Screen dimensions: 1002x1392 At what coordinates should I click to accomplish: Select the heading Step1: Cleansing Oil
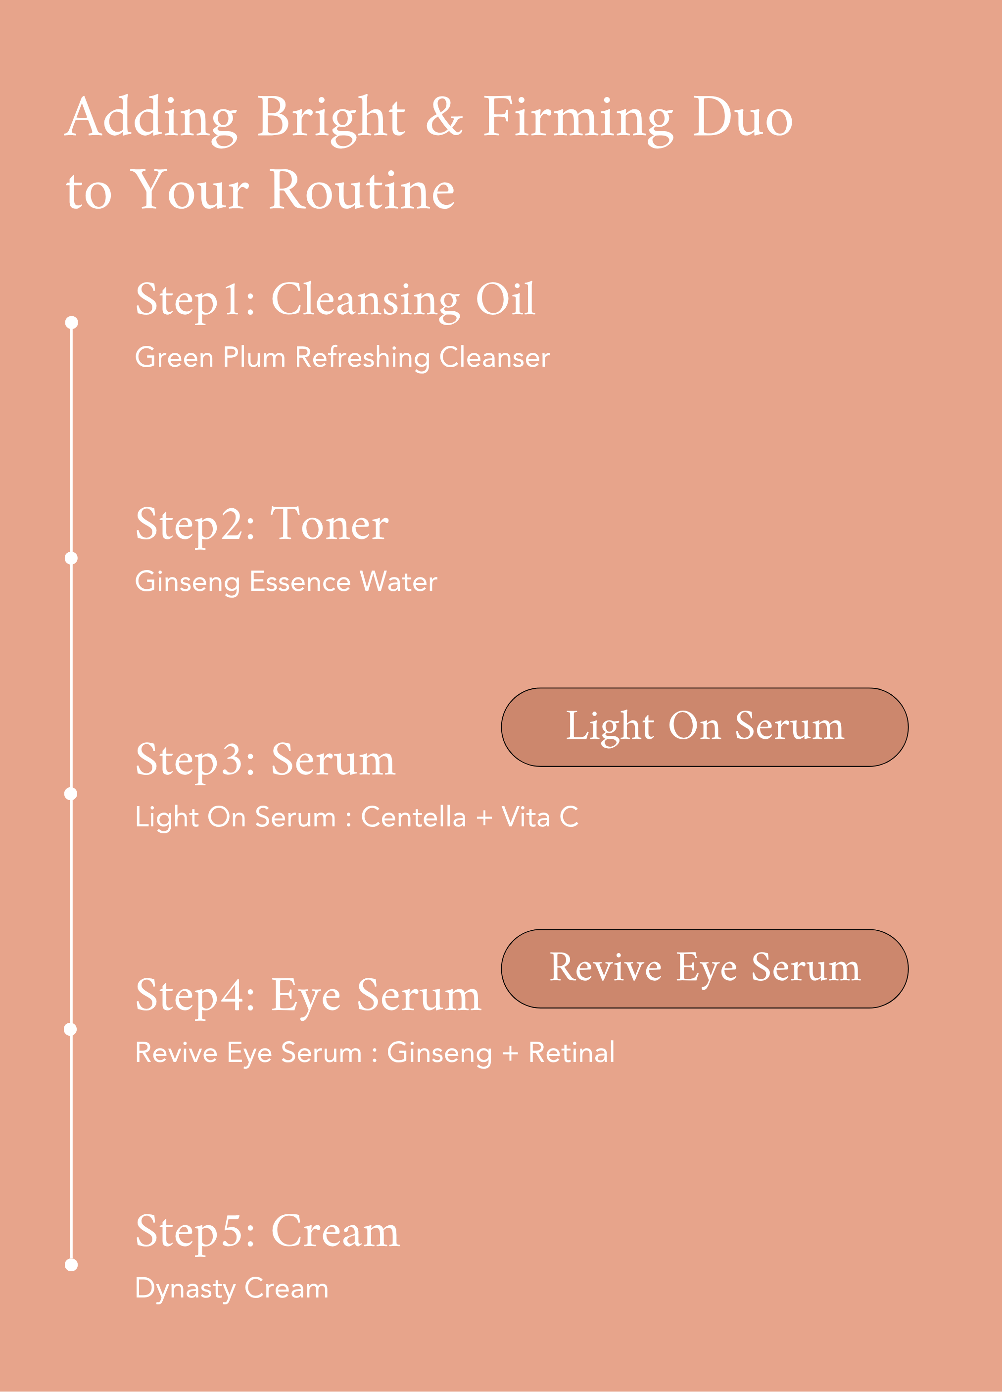(x=335, y=300)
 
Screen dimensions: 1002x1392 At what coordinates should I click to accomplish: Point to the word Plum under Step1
(x=254, y=357)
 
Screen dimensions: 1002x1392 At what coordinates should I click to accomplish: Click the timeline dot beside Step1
(x=71, y=322)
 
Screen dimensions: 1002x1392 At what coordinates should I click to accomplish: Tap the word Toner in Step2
(x=330, y=524)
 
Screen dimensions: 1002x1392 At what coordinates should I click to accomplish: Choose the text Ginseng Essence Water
(x=286, y=582)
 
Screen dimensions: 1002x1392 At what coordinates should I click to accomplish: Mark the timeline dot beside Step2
(x=71, y=558)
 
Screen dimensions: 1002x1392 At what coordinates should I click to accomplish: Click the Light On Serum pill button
(x=705, y=727)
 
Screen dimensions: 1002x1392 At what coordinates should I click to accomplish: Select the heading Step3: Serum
(x=265, y=761)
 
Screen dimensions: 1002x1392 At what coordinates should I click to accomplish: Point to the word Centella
(x=414, y=817)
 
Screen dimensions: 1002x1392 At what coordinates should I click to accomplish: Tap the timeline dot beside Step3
(x=71, y=794)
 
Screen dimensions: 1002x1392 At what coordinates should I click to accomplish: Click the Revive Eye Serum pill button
(x=705, y=968)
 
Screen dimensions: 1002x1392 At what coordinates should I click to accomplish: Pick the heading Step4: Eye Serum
(x=308, y=997)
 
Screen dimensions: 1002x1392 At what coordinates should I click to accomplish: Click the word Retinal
(x=571, y=1053)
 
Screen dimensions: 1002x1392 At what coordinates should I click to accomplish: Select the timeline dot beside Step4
(x=71, y=1029)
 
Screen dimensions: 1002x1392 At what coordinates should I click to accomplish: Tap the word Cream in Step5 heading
(x=335, y=1231)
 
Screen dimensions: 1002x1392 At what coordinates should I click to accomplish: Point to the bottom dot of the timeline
(x=71, y=1265)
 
